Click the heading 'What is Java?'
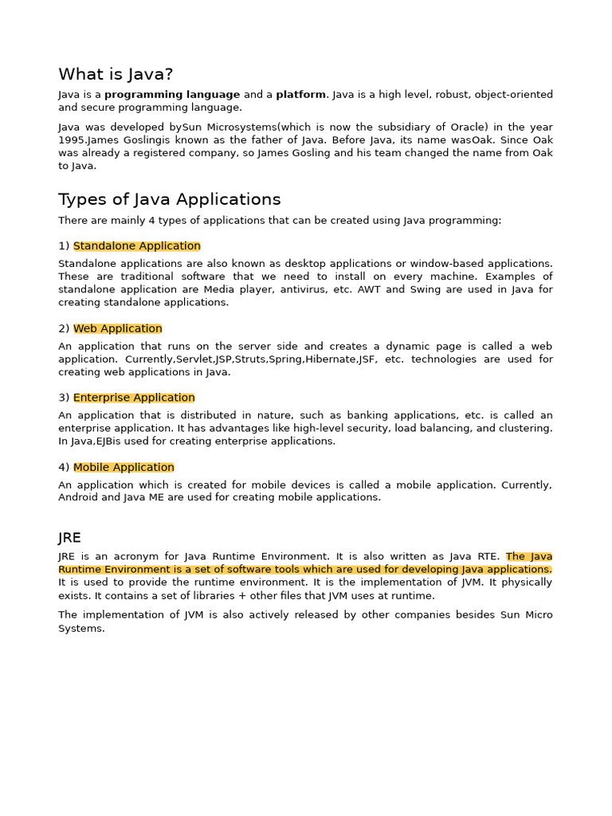pyautogui.click(x=116, y=74)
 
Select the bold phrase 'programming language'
pyautogui.click(x=172, y=95)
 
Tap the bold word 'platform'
pyautogui.click(x=300, y=95)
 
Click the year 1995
pyautogui.click(x=72, y=140)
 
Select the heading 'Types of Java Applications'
pyautogui.click(x=169, y=199)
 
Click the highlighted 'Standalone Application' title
pyautogui.click(x=136, y=246)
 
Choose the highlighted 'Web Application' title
pyautogui.click(x=117, y=328)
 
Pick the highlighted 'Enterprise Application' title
pyautogui.click(x=134, y=398)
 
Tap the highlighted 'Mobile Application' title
pyautogui.click(x=124, y=467)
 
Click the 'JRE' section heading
pyautogui.click(x=69, y=537)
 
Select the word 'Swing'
pyautogui.click(x=424, y=289)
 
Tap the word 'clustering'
pyautogui.click(x=524, y=428)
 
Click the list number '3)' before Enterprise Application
pyautogui.click(x=64, y=398)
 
